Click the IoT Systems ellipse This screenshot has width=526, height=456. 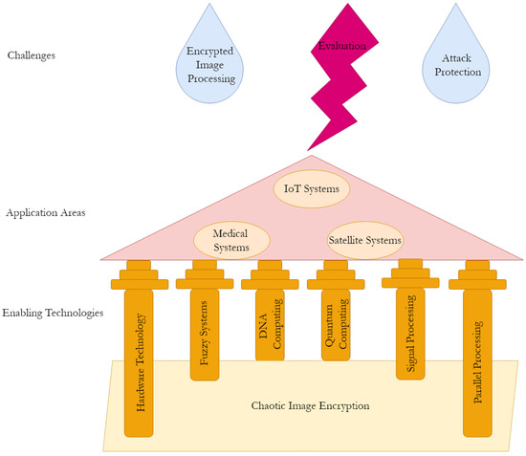(312, 188)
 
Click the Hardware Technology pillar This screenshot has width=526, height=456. (139, 363)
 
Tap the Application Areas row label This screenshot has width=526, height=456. (45, 212)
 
